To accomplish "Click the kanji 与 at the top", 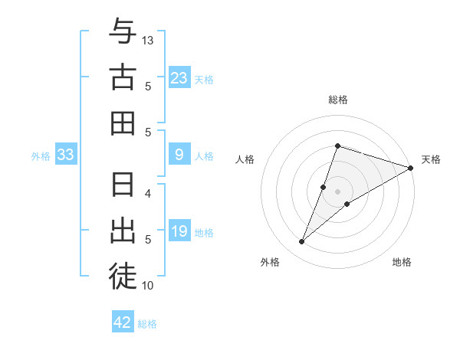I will coord(123,32).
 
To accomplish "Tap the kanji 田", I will coord(123,123).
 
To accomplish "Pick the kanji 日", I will coord(123,186).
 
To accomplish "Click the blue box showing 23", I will coord(179,77).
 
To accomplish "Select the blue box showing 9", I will coord(179,155).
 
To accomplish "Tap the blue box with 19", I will coord(179,232).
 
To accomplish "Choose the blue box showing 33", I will coord(66,155).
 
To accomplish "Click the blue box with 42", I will coord(123,322).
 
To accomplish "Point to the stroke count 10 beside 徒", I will coord(149,286).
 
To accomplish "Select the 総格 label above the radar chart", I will coord(338,100).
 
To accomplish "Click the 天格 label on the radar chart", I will coord(431,159).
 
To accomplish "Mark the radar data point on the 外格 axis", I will coord(302,242).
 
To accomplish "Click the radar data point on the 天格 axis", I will coord(410,168).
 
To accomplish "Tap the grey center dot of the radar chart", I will coord(338,191).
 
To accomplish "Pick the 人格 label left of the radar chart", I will coord(245,159).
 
